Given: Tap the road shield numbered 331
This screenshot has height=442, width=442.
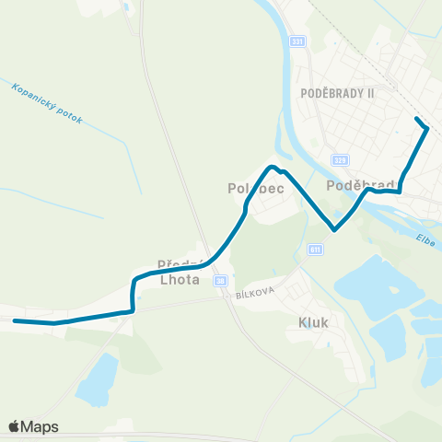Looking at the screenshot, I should (297, 41).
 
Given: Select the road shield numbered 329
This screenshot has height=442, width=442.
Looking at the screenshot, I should (340, 159).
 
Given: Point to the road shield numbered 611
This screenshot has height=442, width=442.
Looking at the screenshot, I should (316, 249).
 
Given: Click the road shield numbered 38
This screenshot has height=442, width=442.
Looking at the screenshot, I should (220, 280).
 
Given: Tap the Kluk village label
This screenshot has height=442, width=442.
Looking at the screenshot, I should (313, 322).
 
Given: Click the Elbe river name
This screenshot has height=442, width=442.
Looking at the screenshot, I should (425, 239).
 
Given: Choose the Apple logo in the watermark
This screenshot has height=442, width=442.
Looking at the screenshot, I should (14, 426).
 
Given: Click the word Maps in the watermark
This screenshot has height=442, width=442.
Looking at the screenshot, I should (40, 426).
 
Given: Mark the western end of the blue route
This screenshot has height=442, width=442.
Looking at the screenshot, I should (15, 321).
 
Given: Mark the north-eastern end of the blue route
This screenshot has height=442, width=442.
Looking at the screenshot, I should (418, 120).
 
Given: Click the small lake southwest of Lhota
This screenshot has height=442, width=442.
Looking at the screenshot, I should (97, 379).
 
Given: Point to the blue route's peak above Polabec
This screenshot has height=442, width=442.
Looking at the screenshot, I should (272, 167).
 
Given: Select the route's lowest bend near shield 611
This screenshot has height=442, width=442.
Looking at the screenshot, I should (335, 228).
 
